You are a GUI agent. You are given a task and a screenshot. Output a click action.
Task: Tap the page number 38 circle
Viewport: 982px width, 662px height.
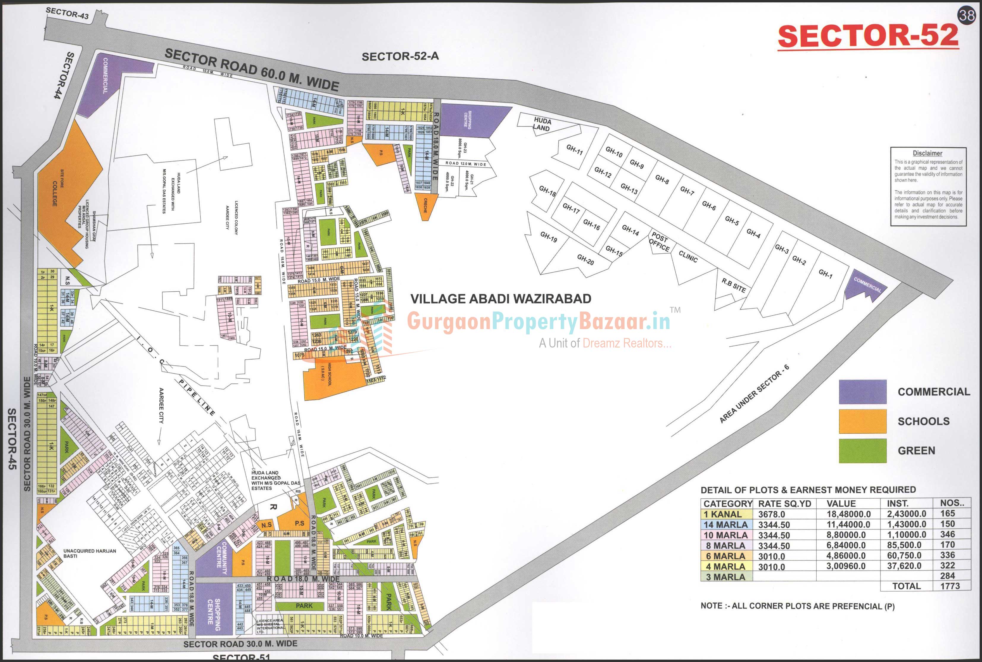click(966, 16)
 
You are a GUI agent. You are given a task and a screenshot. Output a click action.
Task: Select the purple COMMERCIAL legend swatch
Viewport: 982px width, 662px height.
click(862, 392)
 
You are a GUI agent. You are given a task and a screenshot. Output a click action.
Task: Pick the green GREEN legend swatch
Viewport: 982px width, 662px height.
click(862, 451)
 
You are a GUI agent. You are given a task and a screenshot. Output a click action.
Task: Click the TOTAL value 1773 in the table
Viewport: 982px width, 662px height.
click(950, 586)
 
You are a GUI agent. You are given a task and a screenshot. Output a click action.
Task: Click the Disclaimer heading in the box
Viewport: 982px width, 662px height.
click(927, 153)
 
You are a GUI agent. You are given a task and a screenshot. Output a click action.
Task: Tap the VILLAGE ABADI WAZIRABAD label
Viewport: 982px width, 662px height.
click(500, 299)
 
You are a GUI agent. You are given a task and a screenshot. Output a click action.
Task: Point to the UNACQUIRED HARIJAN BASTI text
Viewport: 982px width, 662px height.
click(89, 553)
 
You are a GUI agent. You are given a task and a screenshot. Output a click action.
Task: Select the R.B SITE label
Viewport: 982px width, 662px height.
click(734, 285)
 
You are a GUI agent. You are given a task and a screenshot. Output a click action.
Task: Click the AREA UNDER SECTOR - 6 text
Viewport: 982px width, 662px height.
click(754, 394)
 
